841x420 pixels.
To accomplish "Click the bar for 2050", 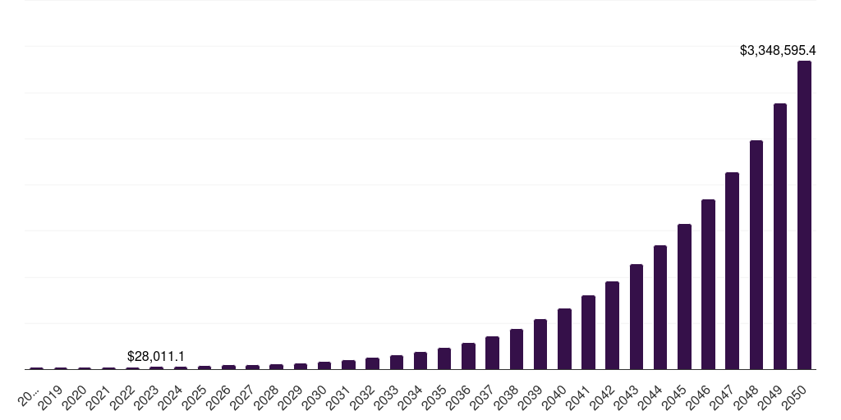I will point(804,215).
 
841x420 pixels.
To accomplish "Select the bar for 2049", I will point(780,236).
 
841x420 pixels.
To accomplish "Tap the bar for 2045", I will point(684,296).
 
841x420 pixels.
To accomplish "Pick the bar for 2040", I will point(564,339).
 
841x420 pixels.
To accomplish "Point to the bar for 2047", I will point(732,271).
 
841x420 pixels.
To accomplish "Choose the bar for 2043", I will point(636,317).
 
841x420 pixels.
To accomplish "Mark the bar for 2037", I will point(492,353).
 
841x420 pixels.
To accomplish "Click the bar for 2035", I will point(444,358).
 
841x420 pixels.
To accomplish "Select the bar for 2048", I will point(756,254).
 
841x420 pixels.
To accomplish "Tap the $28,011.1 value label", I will point(156,356).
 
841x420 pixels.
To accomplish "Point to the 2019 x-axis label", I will point(51,398).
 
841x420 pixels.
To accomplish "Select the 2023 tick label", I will point(147,398).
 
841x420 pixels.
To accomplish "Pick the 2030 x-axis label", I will point(315,398).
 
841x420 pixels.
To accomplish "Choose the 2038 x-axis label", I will point(507,398).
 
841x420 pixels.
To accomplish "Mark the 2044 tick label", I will point(651,398).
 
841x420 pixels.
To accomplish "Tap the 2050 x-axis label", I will point(795,398).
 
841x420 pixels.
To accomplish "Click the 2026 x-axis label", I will point(218,398).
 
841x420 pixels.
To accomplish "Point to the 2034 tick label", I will point(411,398).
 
